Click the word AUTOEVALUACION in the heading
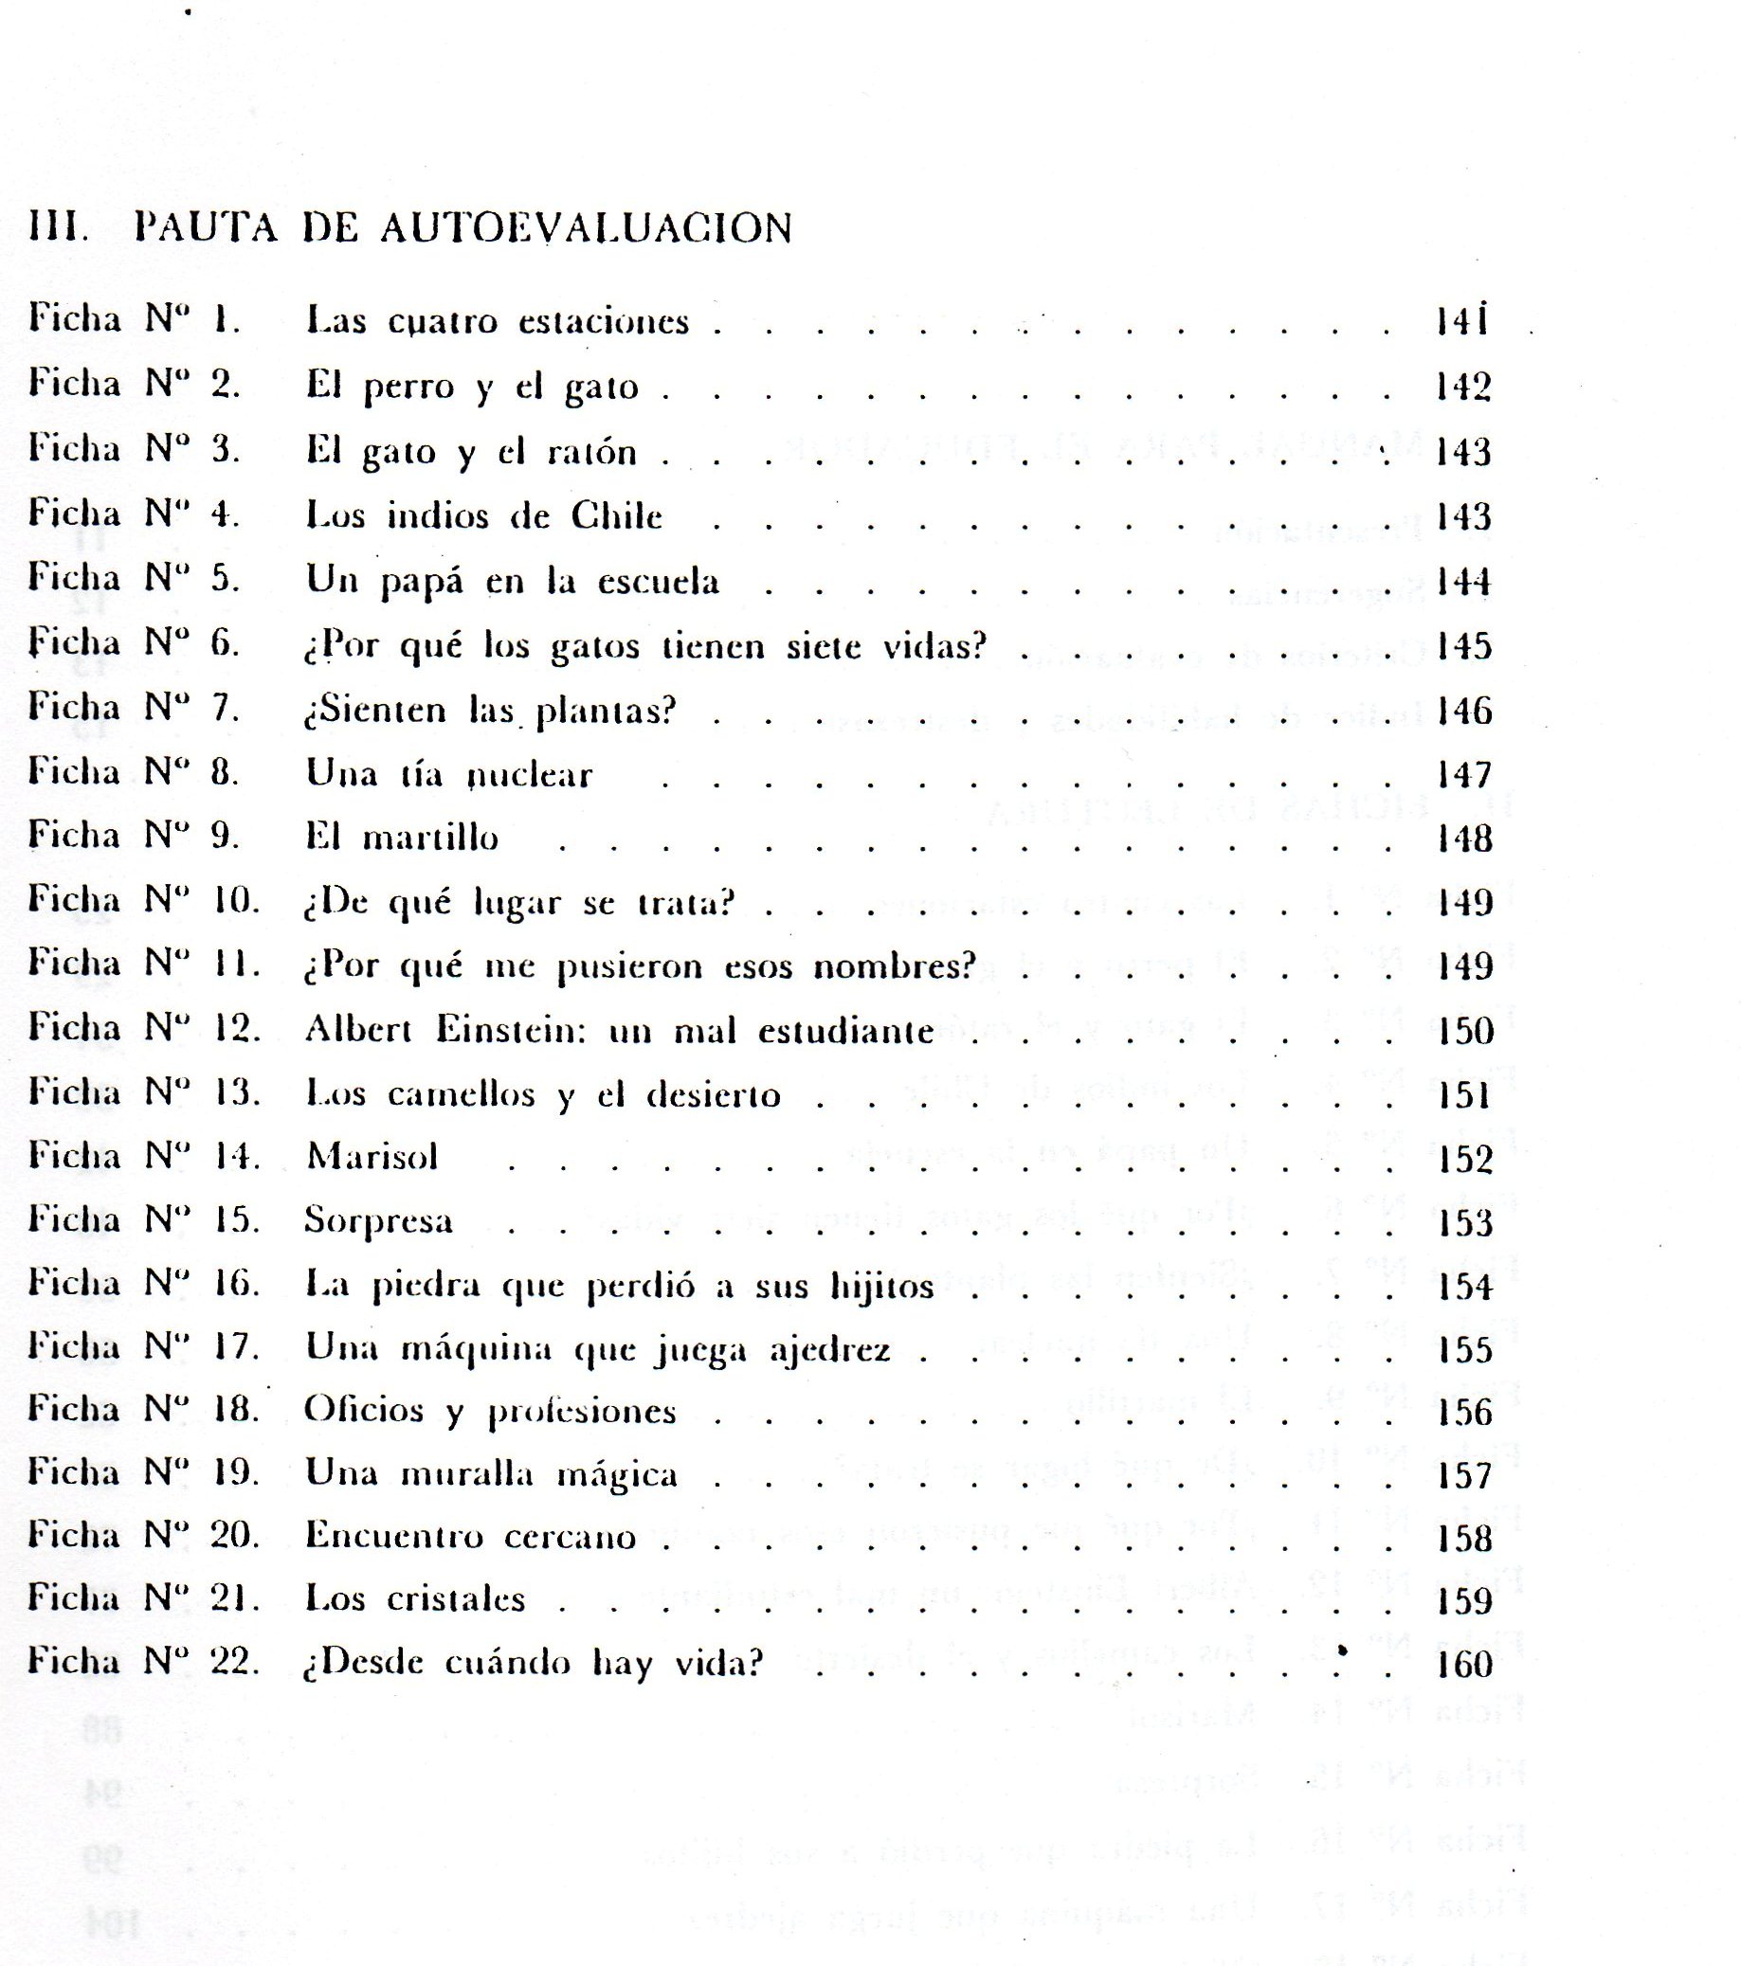tap(586, 228)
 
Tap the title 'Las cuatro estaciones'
tap(498, 321)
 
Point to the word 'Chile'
tap(617, 516)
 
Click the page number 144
tap(1463, 582)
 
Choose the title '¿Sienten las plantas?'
tap(491, 712)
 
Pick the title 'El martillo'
tap(402, 838)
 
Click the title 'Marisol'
tap(372, 1156)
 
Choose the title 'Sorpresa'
tap(378, 1220)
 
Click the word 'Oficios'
tap(364, 1411)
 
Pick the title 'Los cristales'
tap(415, 1598)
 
